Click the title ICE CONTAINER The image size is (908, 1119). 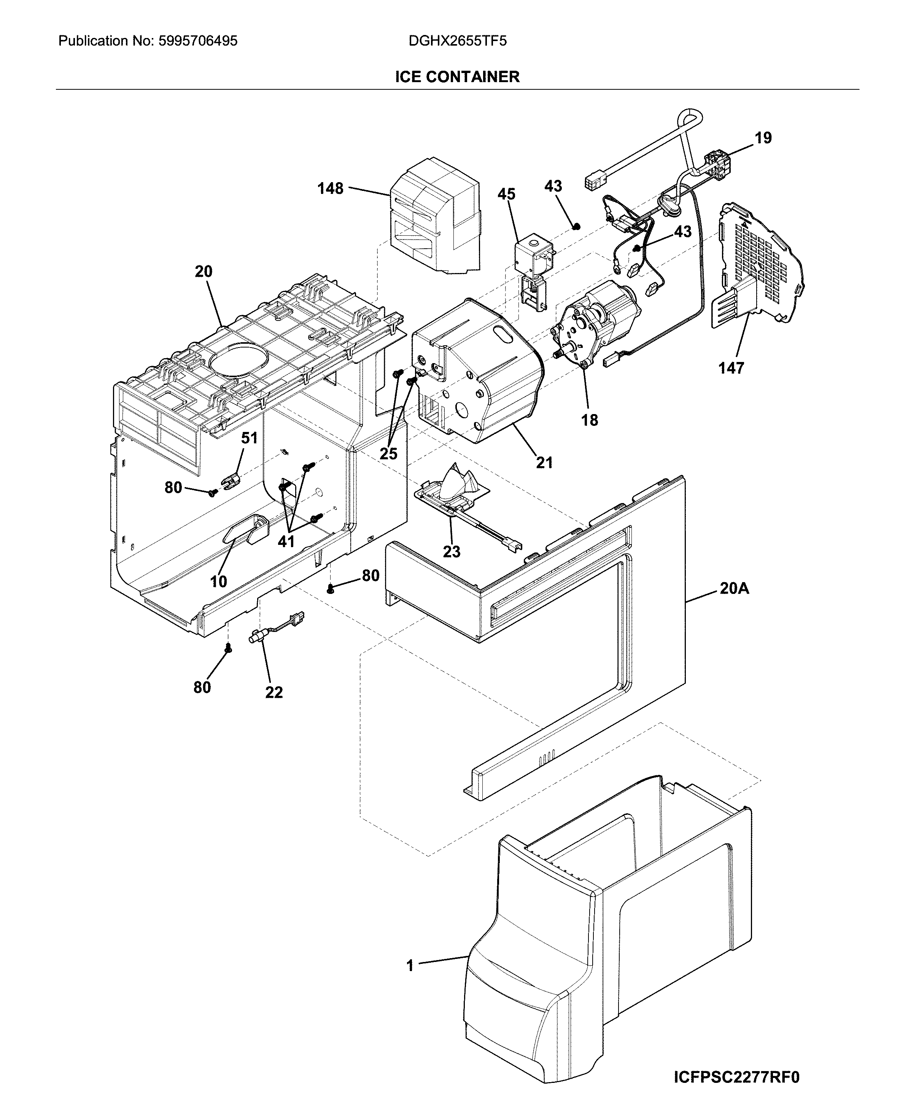[x=457, y=77]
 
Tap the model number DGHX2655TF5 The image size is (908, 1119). [x=458, y=41]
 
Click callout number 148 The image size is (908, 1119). [x=331, y=188]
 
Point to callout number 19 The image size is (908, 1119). [x=763, y=138]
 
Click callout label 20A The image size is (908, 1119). [x=734, y=589]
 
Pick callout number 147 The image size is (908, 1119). [x=731, y=368]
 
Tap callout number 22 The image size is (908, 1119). [x=274, y=692]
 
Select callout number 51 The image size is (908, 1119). [x=250, y=438]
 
